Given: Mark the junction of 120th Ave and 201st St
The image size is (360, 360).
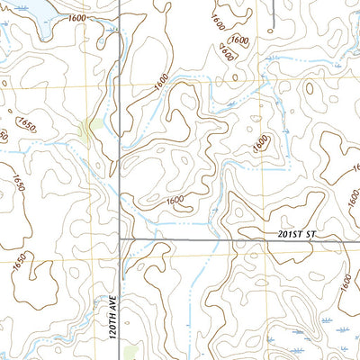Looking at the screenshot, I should [x=120, y=240].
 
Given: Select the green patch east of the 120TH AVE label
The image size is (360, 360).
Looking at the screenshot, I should [x=132, y=352].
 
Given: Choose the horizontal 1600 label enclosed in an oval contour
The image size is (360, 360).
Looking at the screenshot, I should [x=239, y=40].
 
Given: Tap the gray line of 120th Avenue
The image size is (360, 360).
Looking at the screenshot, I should [x=120, y=180].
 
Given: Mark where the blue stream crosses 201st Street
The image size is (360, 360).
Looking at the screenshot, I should [x=209, y=240].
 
